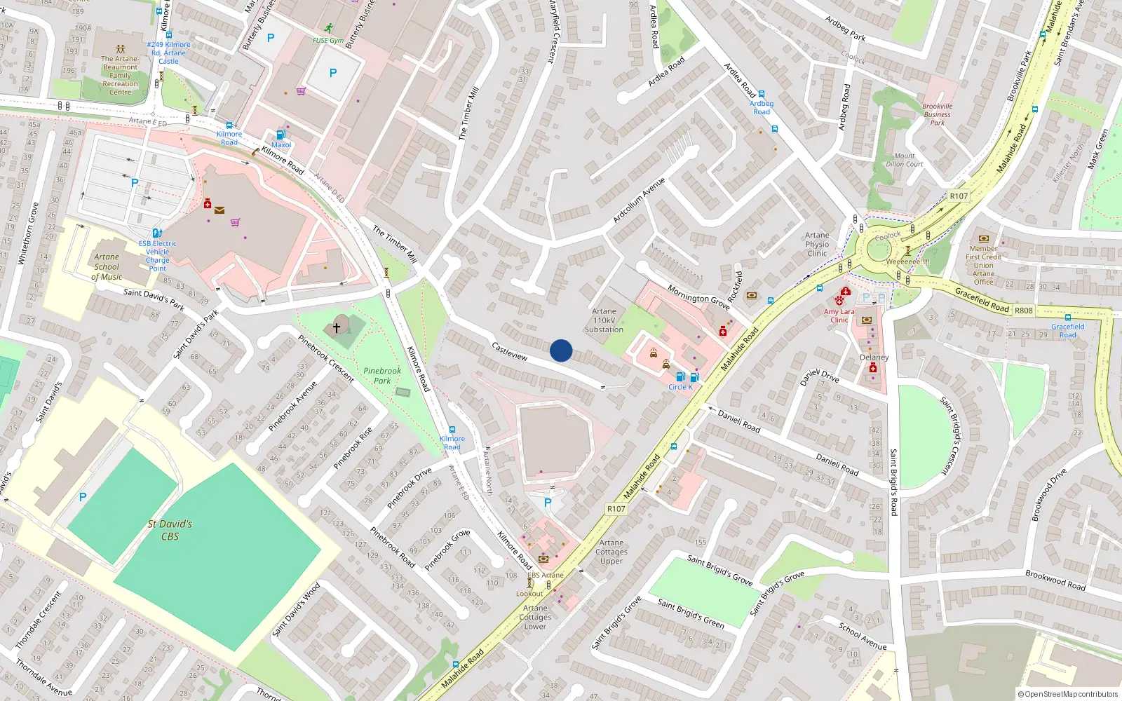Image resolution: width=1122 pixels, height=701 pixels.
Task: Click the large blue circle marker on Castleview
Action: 560,350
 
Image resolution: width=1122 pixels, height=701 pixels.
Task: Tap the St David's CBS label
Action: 170,530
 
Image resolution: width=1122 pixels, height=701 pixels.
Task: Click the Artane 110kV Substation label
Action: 604,320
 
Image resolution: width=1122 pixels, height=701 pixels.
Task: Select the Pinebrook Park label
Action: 382,376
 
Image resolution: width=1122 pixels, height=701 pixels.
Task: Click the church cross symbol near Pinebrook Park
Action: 337,327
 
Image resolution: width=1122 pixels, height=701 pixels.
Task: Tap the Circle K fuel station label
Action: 680,387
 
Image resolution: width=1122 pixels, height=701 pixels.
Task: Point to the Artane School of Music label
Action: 107,267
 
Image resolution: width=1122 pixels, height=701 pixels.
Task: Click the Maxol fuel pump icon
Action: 281,135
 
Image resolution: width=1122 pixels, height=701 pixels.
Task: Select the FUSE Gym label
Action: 328,41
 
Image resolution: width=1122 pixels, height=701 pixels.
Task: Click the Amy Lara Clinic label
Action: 839,315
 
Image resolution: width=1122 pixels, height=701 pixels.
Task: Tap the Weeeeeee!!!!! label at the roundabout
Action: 907,261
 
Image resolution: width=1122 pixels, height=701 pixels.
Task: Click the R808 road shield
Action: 1023,310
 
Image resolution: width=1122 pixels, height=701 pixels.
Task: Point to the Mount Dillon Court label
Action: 904,160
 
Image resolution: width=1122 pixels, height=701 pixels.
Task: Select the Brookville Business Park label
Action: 937,114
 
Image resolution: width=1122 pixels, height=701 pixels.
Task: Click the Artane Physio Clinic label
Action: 817,245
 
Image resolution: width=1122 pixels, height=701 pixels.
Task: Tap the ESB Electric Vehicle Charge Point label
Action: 157,256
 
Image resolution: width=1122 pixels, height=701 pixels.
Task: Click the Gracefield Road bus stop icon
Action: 1067,318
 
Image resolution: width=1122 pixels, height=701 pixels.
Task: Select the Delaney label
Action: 874,358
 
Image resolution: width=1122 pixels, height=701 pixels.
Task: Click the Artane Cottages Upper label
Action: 611,552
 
